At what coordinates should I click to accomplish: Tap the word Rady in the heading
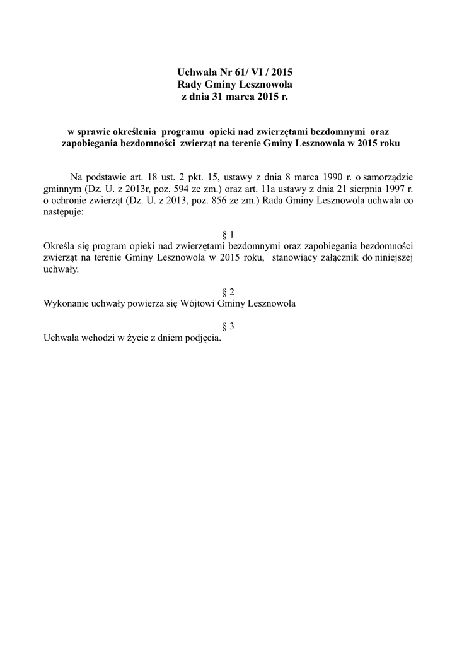pos(191,85)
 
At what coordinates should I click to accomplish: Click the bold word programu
pos(183,131)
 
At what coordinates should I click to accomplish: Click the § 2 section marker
pos(228,292)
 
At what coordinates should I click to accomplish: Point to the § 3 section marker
pos(228,326)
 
